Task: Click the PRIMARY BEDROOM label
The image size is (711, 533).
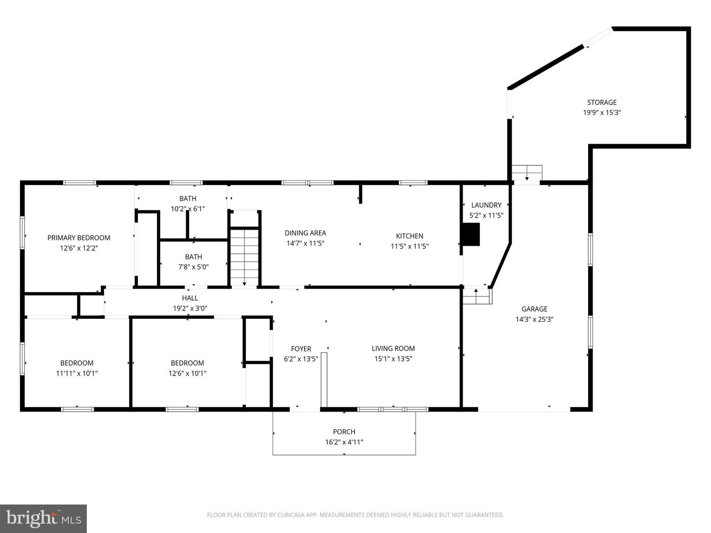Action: click(x=79, y=238)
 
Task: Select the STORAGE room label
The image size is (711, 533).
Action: click(x=601, y=103)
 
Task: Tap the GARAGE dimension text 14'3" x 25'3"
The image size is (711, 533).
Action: click(x=534, y=319)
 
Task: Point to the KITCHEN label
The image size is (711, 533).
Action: click(x=409, y=236)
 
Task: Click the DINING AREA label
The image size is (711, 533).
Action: click(x=305, y=233)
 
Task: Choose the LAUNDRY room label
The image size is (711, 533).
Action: click(x=486, y=205)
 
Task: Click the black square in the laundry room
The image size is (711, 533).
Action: click(x=470, y=234)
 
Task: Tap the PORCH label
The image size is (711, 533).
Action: click(x=344, y=432)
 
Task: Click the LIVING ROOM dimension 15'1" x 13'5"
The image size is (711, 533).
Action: click(x=393, y=359)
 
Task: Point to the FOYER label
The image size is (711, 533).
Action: click(x=301, y=349)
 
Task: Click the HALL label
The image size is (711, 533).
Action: click(x=190, y=298)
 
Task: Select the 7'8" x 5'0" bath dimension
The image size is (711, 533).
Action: click(x=194, y=267)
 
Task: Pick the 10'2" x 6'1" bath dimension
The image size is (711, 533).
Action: click(x=188, y=209)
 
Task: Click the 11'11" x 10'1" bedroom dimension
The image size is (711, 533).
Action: click(x=77, y=374)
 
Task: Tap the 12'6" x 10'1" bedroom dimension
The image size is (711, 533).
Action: click(x=187, y=374)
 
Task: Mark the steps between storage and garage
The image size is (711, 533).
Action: click(x=527, y=174)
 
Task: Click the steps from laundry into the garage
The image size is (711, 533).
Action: click(x=477, y=296)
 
